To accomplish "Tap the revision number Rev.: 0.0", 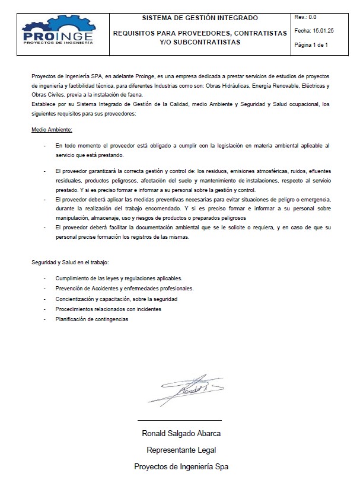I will tap(305, 17).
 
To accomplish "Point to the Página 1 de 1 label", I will tap(311, 44).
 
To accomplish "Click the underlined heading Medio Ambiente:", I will tap(52, 129).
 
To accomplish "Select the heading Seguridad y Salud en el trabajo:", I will tap(70, 262).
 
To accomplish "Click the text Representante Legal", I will tap(181, 450).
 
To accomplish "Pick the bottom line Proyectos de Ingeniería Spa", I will tap(181, 466).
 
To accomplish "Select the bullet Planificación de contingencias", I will tap(91, 319).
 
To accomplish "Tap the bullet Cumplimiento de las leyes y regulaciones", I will tap(119, 278).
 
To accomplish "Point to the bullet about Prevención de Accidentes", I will tap(124, 289).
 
